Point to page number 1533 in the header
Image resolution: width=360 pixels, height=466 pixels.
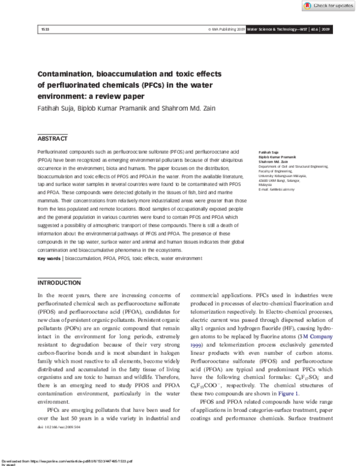click(x=44, y=29)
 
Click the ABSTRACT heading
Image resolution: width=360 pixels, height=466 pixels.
click(x=52, y=138)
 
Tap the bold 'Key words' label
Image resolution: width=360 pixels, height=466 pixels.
click(x=50, y=258)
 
